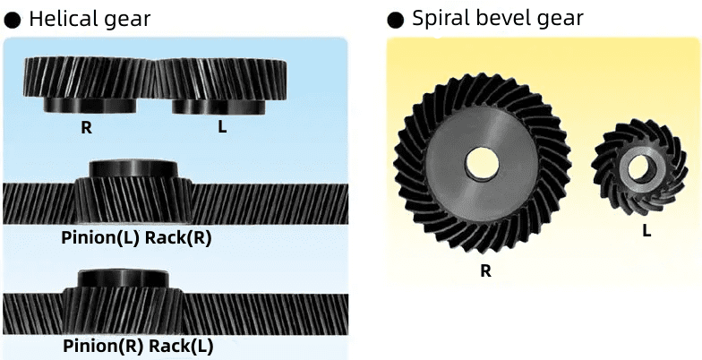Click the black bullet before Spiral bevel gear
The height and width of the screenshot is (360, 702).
[395, 20]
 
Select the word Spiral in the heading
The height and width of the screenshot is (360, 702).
[438, 19]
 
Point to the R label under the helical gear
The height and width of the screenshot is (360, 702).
[86, 127]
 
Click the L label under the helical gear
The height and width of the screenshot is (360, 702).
[222, 127]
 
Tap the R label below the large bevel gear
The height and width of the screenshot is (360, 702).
[485, 270]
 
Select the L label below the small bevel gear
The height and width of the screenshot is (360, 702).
[646, 231]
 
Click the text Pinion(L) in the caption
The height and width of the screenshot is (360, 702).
[100, 238]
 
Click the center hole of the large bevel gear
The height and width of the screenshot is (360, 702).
[484, 162]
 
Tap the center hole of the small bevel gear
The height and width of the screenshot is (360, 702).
[639, 167]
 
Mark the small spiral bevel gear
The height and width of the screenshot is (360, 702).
[639, 167]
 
